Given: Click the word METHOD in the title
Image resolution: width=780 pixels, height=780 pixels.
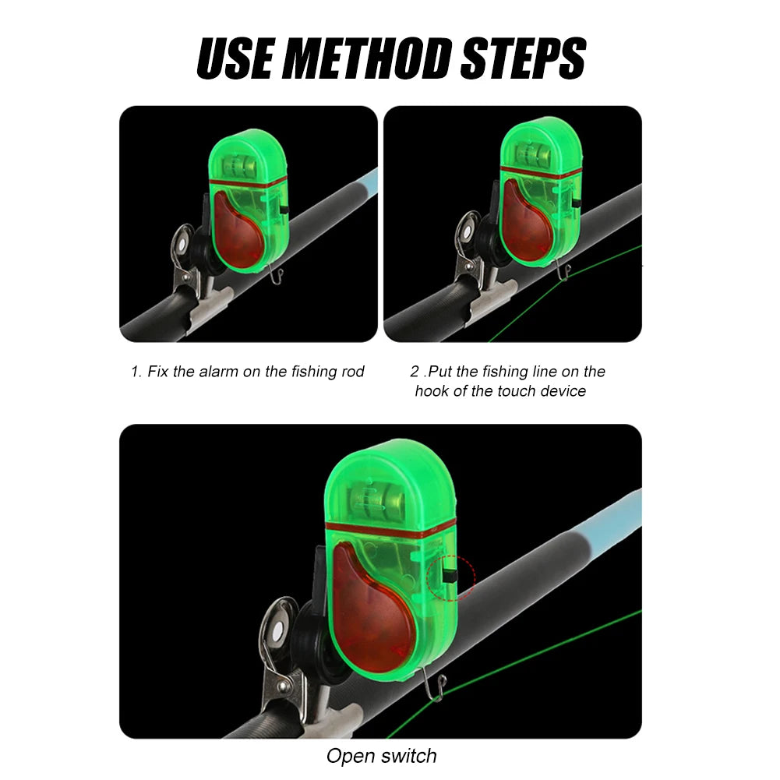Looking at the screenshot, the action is click(x=369, y=58).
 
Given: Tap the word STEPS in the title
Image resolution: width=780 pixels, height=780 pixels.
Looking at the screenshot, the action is click(x=524, y=58).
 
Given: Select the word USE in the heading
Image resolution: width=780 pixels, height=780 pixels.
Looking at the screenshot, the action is click(x=236, y=58).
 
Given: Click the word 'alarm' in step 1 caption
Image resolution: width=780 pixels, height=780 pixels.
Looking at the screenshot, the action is click(x=219, y=372).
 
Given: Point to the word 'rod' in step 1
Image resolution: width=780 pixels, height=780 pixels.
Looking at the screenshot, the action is click(x=353, y=372).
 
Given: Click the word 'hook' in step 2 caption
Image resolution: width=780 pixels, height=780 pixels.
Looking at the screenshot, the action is click(x=432, y=391).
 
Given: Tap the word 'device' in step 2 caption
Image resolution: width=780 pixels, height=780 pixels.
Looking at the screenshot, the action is click(x=563, y=391).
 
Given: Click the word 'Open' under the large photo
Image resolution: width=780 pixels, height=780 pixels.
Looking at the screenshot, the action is click(x=351, y=757).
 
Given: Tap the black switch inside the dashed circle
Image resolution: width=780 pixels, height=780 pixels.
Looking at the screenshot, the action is click(x=450, y=578).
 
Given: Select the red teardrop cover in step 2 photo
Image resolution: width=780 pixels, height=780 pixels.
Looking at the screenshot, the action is click(x=526, y=220).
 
